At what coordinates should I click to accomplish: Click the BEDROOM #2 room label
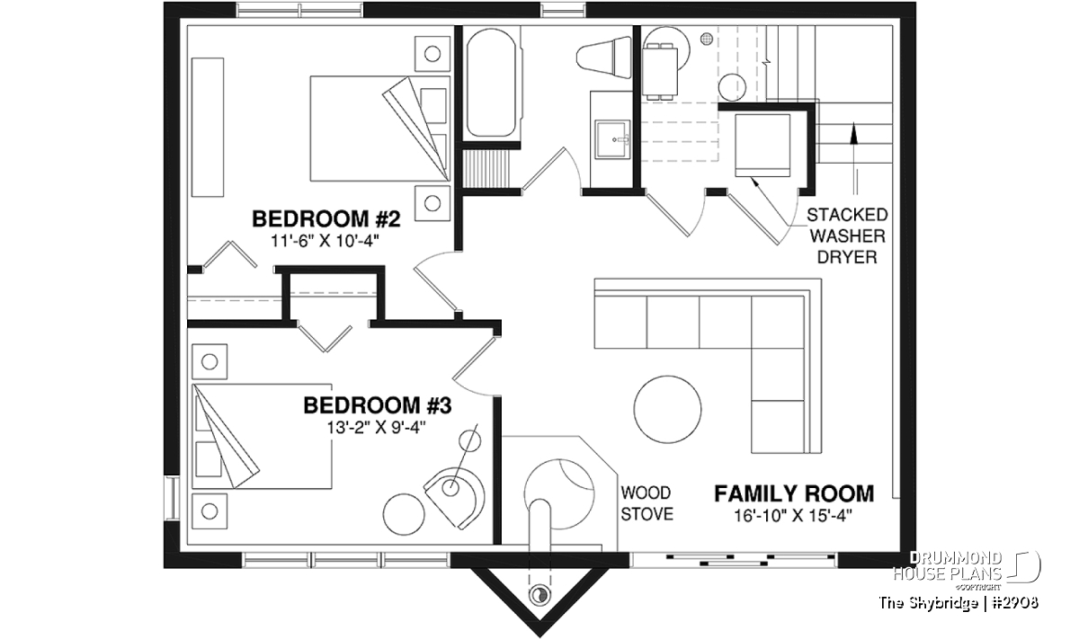click(x=326, y=219)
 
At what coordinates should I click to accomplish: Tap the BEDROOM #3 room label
click(x=378, y=405)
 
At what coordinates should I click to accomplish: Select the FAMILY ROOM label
click(x=794, y=493)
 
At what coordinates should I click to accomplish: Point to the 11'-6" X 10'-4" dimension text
click(x=325, y=241)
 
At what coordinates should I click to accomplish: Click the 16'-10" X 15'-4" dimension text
click(x=793, y=516)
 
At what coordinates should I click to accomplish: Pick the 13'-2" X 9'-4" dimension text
click(x=377, y=427)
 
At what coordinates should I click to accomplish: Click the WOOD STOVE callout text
click(x=647, y=503)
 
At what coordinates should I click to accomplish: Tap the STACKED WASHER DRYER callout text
click(x=847, y=236)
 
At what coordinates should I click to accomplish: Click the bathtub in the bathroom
click(x=491, y=83)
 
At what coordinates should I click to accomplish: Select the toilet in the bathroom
click(x=604, y=58)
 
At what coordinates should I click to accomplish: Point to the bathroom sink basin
click(x=612, y=139)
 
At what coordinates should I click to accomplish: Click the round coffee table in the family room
click(x=667, y=409)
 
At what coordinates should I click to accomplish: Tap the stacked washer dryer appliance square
click(x=762, y=146)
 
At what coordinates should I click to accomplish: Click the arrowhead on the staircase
click(x=854, y=133)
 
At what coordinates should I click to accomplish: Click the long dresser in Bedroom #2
click(x=208, y=128)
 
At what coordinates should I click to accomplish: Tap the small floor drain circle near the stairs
click(x=707, y=39)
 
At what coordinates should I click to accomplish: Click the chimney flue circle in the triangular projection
click(x=539, y=595)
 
